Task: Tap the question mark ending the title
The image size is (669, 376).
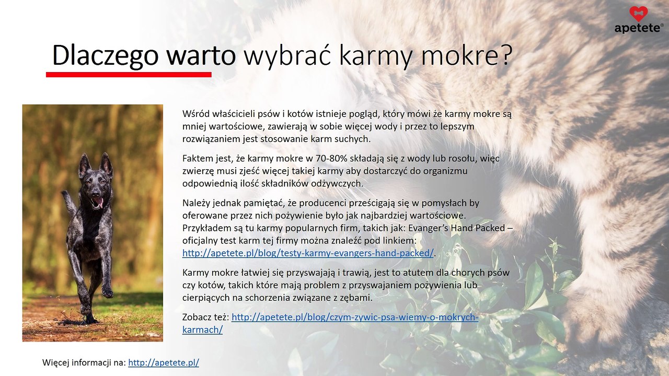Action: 503,55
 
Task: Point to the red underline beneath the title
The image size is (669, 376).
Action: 129,75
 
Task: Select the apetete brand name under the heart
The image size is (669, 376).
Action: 638,28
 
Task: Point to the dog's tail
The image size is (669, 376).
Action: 67,201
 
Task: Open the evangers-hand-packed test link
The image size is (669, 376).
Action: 308,253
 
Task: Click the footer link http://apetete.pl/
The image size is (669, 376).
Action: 163,362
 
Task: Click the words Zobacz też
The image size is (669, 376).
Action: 205,317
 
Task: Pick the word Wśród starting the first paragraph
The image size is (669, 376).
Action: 195,113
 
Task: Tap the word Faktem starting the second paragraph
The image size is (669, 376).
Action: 197,158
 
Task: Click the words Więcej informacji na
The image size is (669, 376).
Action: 84,362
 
